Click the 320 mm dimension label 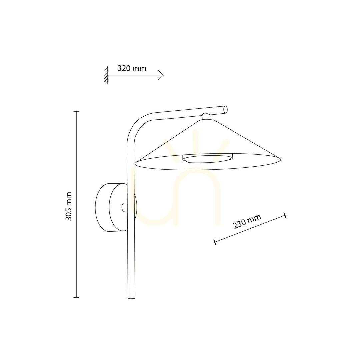point(132,68)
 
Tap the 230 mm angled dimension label point(247,222)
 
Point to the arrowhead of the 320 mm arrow point(161,75)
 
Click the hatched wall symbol point(106,75)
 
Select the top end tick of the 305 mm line point(76,111)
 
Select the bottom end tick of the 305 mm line point(76,297)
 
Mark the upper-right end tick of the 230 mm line point(285,215)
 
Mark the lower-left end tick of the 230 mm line point(215,242)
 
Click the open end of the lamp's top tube point(225,109)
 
